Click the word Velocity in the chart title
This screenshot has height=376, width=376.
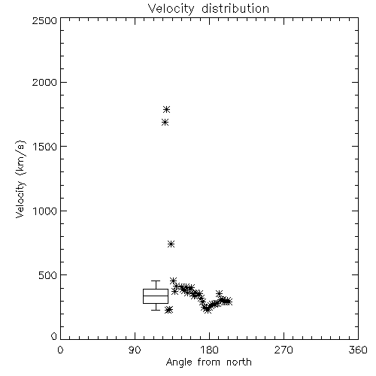click(x=171, y=9)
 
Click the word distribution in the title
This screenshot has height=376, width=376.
click(x=235, y=8)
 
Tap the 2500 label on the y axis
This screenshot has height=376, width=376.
click(x=44, y=20)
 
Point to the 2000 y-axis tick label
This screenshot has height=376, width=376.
click(x=44, y=83)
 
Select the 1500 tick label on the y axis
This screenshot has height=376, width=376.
click(x=45, y=147)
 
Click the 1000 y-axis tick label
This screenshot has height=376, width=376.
click(x=45, y=211)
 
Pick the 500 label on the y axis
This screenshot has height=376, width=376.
click(x=48, y=275)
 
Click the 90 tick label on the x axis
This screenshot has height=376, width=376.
click(x=135, y=350)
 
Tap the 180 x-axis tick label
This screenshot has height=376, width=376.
click(x=209, y=350)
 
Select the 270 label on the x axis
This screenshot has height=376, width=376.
click(x=284, y=350)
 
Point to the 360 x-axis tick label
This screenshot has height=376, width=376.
click(x=358, y=350)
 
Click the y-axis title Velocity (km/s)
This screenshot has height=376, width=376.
click(x=20, y=179)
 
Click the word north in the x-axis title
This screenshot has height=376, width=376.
click(x=239, y=362)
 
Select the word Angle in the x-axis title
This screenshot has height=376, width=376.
click(x=179, y=363)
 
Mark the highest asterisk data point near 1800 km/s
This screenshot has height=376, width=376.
click(x=167, y=110)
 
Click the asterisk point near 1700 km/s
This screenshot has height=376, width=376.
click(x=165, y=123)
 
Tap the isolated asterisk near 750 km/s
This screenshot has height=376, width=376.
click(x=171, y=244)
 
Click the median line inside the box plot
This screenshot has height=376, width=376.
click(x=156, y=296)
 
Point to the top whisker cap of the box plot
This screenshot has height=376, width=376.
click(x=156, y=281)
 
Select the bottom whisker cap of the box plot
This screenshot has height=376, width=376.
click(x=156, y=310)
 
